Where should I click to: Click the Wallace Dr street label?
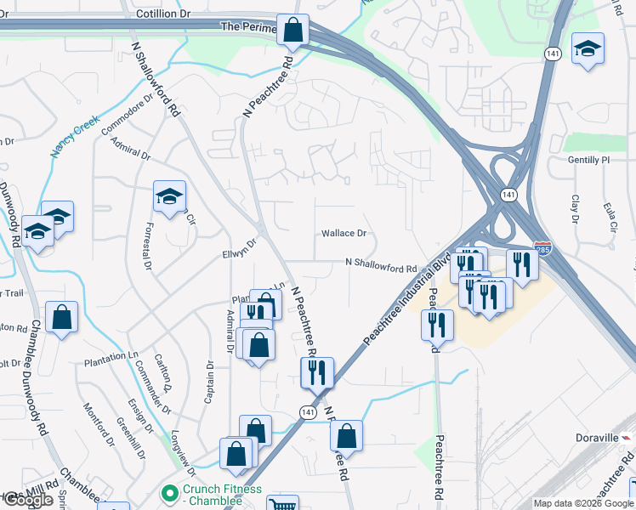point(344,233)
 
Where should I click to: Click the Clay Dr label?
point(576,208)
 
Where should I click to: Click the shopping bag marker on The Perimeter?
point(292,30)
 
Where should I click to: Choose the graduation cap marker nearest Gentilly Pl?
point(588,49)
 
